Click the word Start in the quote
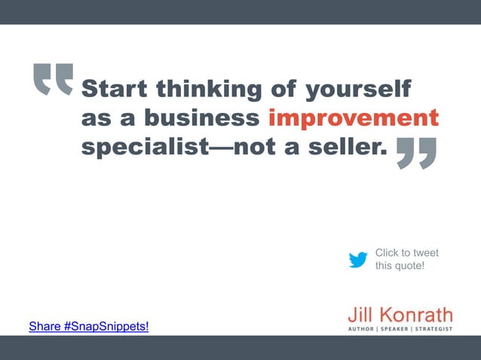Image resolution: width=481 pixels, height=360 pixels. pyautogui.click(x=114, y=89)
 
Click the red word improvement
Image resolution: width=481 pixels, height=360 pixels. pyautogui.click(x=354, y=119)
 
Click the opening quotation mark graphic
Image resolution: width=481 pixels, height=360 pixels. pyautogui.click(x=54, y=80)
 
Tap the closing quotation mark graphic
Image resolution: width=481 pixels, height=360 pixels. pyautogui.click(x=416, y=153)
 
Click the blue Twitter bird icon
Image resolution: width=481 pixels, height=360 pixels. pyautogui.click(x=358, y=260)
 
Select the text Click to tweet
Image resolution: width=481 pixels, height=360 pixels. pyautogui.click(x=407, y=252)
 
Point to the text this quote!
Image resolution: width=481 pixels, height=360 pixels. pyautogui.click(x=400, y=265)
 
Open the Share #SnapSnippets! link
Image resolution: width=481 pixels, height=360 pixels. pyautogui.click(x=89, y=326)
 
